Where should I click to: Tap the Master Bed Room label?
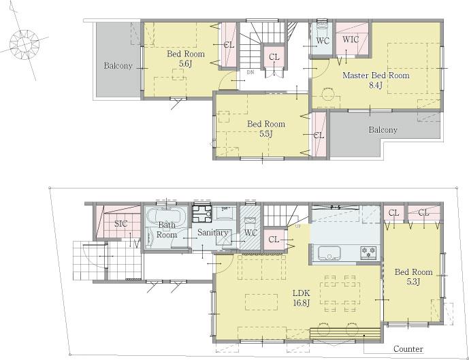click(376, 76)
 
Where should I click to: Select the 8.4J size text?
click(375, 86)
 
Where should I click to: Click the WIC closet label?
click(351, 39)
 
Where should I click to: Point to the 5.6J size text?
click(185, 63)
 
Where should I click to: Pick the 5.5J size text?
click(265, 134)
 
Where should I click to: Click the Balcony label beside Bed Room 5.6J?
click(118, 66)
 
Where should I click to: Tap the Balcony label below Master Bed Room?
click(383, 129)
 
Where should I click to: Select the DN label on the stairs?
click(250, 71)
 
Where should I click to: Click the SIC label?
click(120, 223)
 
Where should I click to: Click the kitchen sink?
click(329, 252)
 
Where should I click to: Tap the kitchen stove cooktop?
click(368, 253)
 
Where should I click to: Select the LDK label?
click(301, 294)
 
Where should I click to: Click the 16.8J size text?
click(301, 304)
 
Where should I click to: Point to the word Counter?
click(408, 349)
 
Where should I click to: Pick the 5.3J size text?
click(413, 281)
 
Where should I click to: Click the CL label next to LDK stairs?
click(274, 239)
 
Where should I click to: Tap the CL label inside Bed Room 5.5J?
click(318, 135)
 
